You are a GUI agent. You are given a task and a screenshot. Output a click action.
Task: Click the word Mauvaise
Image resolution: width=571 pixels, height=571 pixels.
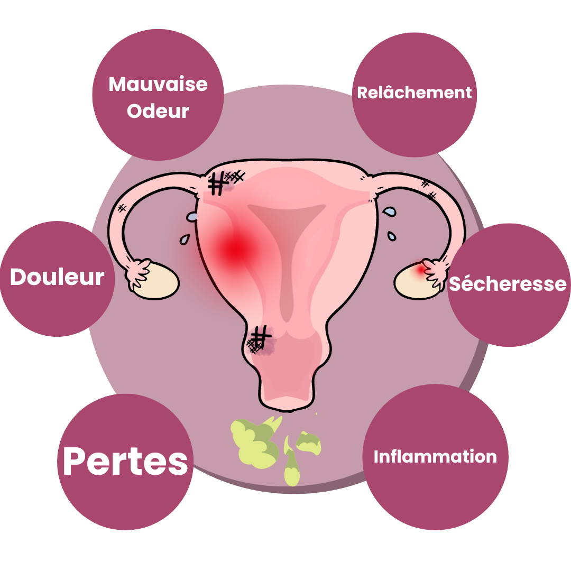(158, 85)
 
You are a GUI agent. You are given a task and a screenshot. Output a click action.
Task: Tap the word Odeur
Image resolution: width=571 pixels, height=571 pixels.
(158, 110)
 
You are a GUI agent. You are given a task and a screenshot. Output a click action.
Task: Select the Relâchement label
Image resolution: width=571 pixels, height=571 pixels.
(415, 93)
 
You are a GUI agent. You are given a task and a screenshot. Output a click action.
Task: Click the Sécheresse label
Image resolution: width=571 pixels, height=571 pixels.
(508, 283)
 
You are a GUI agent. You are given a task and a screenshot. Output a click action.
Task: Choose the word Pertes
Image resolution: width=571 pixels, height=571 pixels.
(125, 461)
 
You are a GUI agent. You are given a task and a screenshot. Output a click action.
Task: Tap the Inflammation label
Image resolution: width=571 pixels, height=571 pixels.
(435, 457)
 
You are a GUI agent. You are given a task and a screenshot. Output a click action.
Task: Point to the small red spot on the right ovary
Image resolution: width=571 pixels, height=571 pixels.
(421, 270)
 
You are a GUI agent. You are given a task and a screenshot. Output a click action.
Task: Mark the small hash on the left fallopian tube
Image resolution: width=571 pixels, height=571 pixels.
(122, 208)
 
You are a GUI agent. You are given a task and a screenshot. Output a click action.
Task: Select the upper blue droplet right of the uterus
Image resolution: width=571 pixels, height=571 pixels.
(389, 211)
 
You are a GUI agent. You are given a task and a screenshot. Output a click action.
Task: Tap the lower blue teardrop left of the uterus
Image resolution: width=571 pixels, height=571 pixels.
(185, 240)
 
